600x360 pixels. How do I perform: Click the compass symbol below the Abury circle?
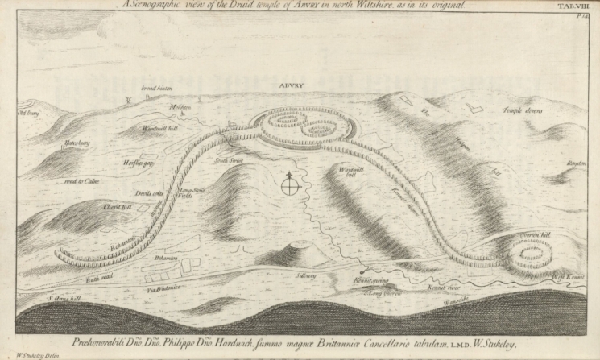click(x=290, y=186)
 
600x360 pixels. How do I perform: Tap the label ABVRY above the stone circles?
click(x=291, y=83)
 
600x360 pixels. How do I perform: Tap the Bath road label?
click(x=96, y=279)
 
